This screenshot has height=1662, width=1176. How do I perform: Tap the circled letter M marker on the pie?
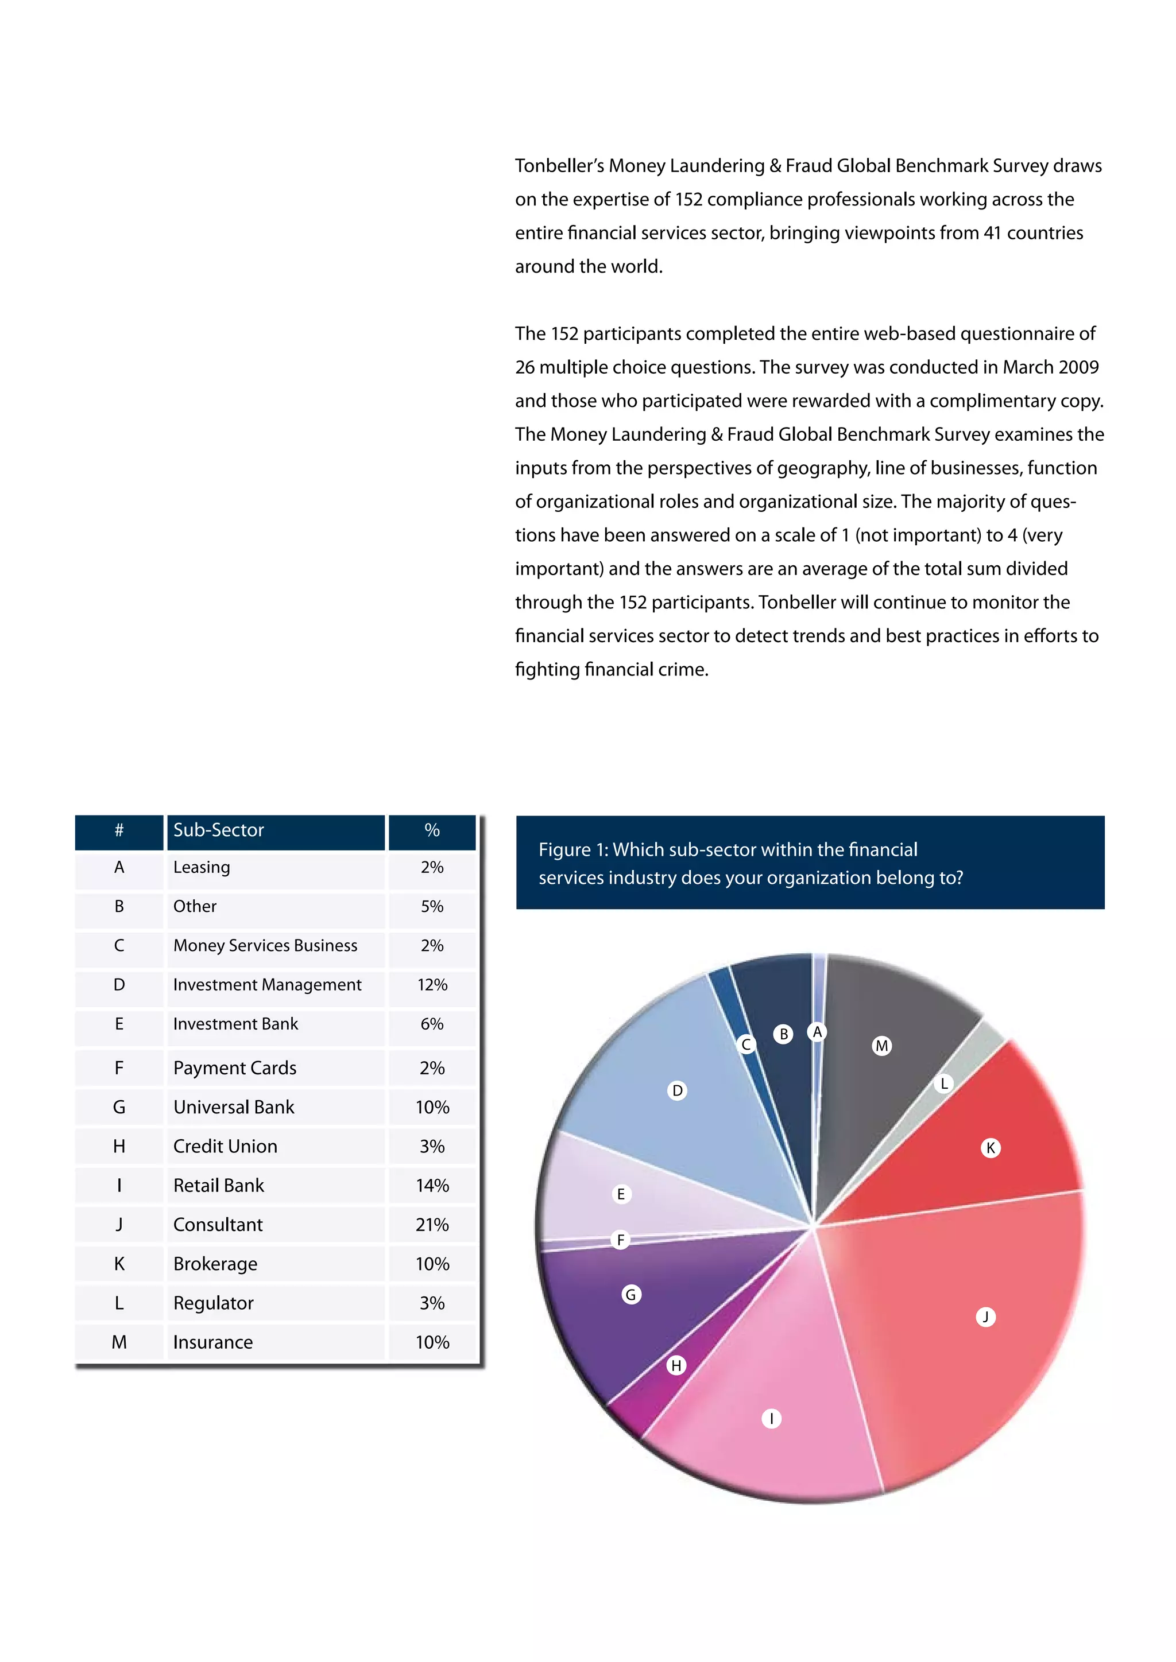pos(881,1046)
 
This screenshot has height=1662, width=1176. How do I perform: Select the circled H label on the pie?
pos(676,1365)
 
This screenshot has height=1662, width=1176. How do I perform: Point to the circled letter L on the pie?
pos(943,1084)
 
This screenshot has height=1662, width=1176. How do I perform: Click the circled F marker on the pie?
pos(621,1240)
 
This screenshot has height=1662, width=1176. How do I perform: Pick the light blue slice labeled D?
pos(695,1129)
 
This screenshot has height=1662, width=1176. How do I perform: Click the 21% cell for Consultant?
pos(432,1225)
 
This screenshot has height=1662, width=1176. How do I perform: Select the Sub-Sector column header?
pos(219,830)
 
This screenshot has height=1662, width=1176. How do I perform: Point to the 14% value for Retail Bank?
pos(432,1186)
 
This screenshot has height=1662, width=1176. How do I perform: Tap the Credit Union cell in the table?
pos(225,1147)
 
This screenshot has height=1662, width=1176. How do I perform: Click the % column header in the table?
pos(432,830)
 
